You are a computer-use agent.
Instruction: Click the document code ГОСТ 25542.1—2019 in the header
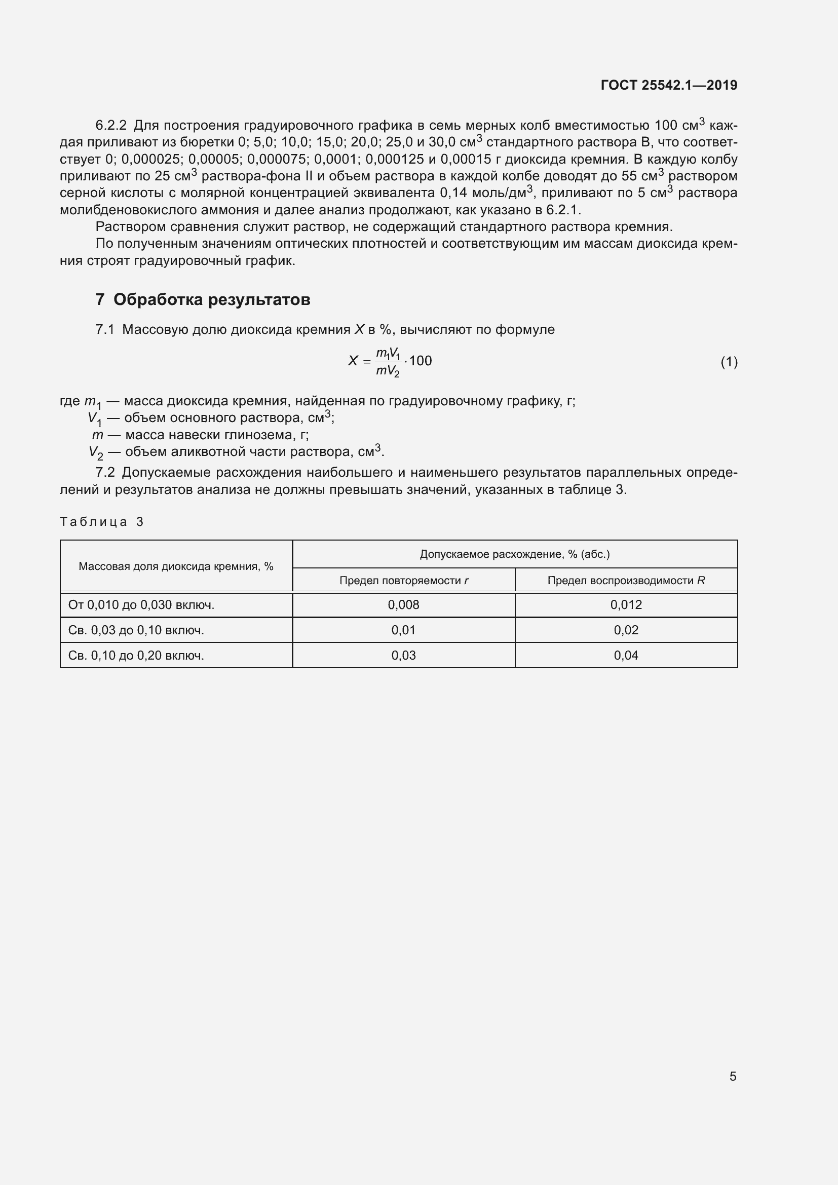pyautogui.click(x=669, y=85)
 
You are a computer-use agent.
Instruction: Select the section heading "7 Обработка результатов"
pyautogui.click(x=203, y=299)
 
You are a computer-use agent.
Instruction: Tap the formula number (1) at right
pyautogui.click(x=729, y=362)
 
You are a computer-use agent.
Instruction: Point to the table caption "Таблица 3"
pyautogui.click(x=102, y=522)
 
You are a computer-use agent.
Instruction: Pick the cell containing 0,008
pyautogui.click(x=403, y=605)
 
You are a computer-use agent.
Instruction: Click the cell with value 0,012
pyautogui.click(x=626, y=605)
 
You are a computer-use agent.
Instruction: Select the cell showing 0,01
pyautogui.click(x=403, y=630)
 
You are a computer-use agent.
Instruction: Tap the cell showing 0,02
pyautogui.click(x=626, y=630)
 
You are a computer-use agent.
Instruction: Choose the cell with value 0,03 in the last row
pyautogui.click(x=403, y=656)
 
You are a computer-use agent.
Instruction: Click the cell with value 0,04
pyautogui.click(x=626, y=656)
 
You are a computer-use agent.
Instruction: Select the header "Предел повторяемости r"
pyautogui.click(x=403, y=581)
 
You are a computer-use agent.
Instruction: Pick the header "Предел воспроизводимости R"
pyautogui.click(x=626, y=581)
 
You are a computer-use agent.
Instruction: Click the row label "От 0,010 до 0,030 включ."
pyautogui.click(x=141, y=605)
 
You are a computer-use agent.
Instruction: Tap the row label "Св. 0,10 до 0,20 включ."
pyautogui.click(x=136, y=656)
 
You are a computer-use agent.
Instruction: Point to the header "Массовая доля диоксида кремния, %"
pyautogui.click(x=176, y=566)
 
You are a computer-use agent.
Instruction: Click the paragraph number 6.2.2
pyautogui.click(x=111, y=126)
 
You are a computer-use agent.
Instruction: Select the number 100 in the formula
pyautogui.click(x=421, y=361)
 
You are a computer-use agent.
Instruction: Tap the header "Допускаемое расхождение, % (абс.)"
pyautogui.click(x=514, y=554)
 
